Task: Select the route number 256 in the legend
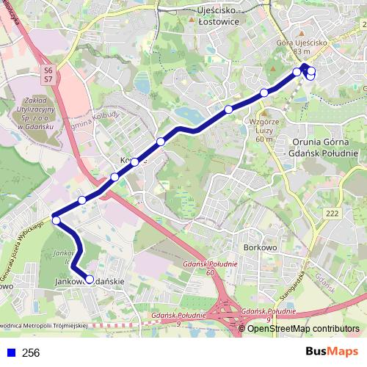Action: (x=31, y=352)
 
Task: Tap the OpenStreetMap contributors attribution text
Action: (x=303, y=328)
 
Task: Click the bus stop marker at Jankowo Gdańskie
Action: (x=90, y=279)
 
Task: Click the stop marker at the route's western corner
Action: (x=55, y=219)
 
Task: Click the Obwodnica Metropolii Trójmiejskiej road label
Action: (x=44, y=324)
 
